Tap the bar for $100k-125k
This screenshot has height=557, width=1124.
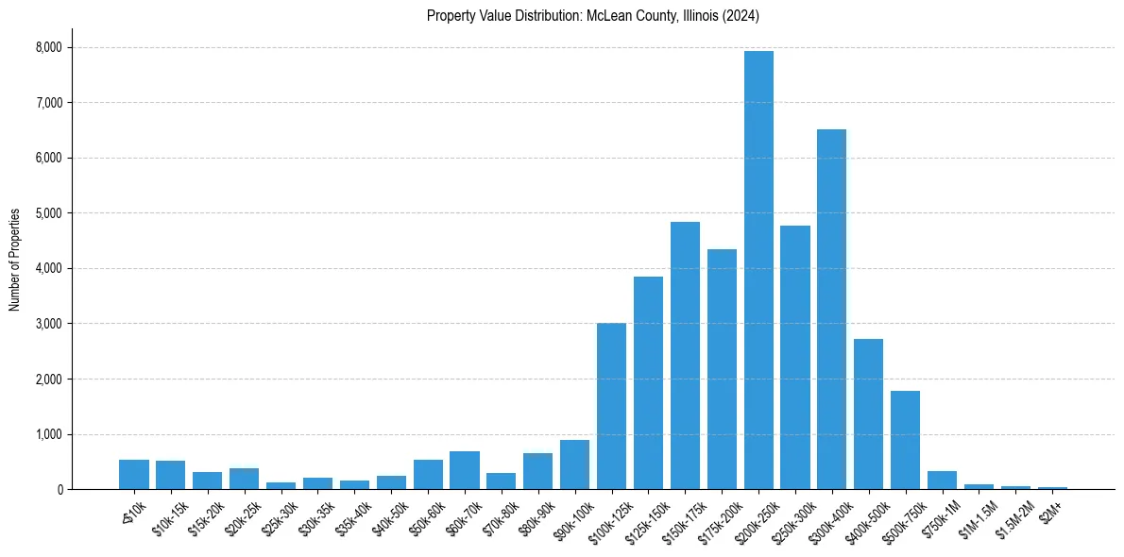click(x=611, y=406)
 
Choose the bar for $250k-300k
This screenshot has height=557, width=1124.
click(x=795, y=358)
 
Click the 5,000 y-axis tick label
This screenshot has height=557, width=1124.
click(x=48, y=213)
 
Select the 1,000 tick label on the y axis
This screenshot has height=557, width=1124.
click(x=48, y=434)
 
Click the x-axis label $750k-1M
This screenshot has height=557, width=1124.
click(x=937, y=515)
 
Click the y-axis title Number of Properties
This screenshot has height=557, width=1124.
click(x=15, y=260)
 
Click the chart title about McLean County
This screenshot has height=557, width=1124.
click(x=593, y=15)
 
